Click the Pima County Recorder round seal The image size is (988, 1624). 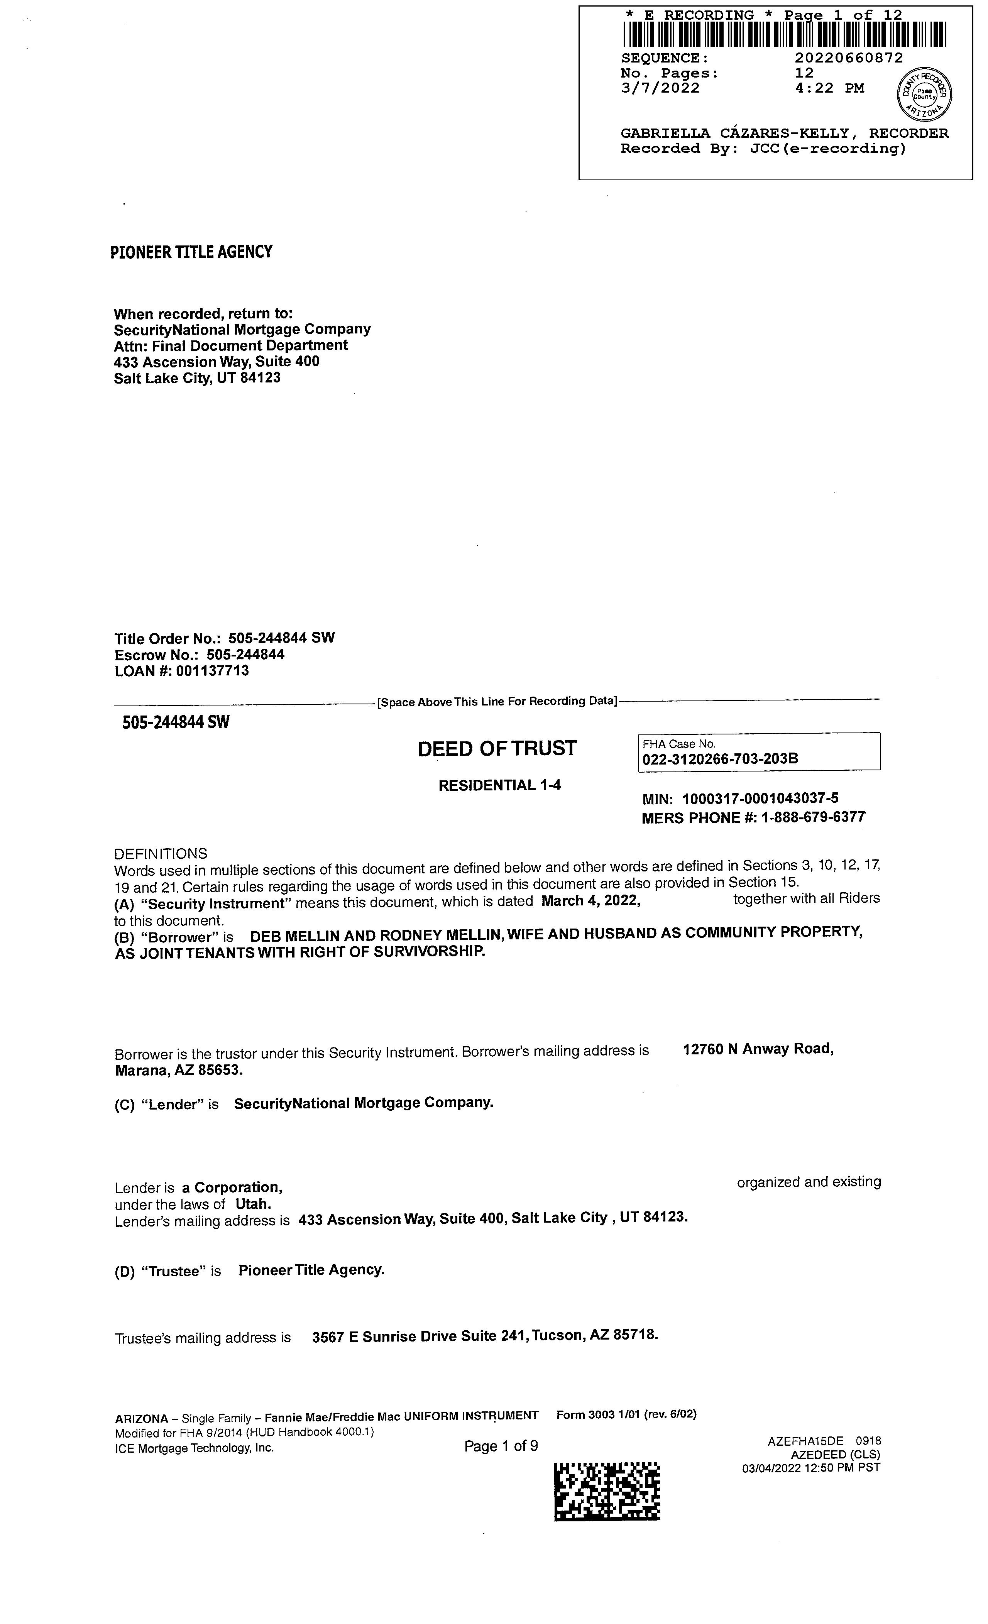[925, 94]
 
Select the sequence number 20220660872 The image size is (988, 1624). [848, 58]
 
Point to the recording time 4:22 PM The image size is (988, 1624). [829, 88]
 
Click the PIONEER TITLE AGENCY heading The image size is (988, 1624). [191, 252]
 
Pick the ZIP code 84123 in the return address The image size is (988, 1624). [261, 378]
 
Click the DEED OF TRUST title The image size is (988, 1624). [497, 749]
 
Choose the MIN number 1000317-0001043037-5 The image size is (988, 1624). [760, 800]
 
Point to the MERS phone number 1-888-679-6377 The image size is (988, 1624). [813, 818]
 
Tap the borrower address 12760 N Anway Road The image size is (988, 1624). [758, 1049]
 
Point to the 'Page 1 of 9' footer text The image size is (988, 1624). [501, 1446]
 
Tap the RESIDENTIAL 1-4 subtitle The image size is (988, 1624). [500, 785]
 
